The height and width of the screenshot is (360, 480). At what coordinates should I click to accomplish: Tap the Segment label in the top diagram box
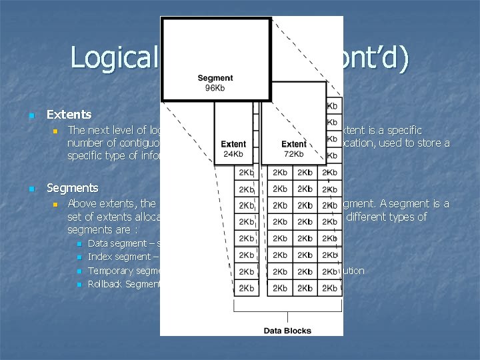click(x=215, y=79)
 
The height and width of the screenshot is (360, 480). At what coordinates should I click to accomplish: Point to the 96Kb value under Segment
click(x=215, y=89)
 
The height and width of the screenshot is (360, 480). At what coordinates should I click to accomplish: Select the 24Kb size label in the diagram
click(x=233, y=153)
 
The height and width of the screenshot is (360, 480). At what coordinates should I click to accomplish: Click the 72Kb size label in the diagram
click(x=294, y=153)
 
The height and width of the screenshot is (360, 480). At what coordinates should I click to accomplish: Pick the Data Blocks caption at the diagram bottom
click(x=287, y=331)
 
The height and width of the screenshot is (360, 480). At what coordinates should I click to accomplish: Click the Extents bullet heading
click(x=69, y=115)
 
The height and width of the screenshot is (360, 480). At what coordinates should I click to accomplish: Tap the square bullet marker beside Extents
click(x=31, y=116)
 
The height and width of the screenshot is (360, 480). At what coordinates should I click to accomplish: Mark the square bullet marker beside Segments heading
click(x=31, y=189)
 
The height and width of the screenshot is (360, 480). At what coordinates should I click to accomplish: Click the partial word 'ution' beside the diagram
click(x=353, y=271)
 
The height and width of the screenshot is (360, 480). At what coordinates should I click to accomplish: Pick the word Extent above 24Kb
click(x=233, y=143)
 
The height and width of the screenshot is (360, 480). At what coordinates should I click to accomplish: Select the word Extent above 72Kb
click(x=294, y=143)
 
